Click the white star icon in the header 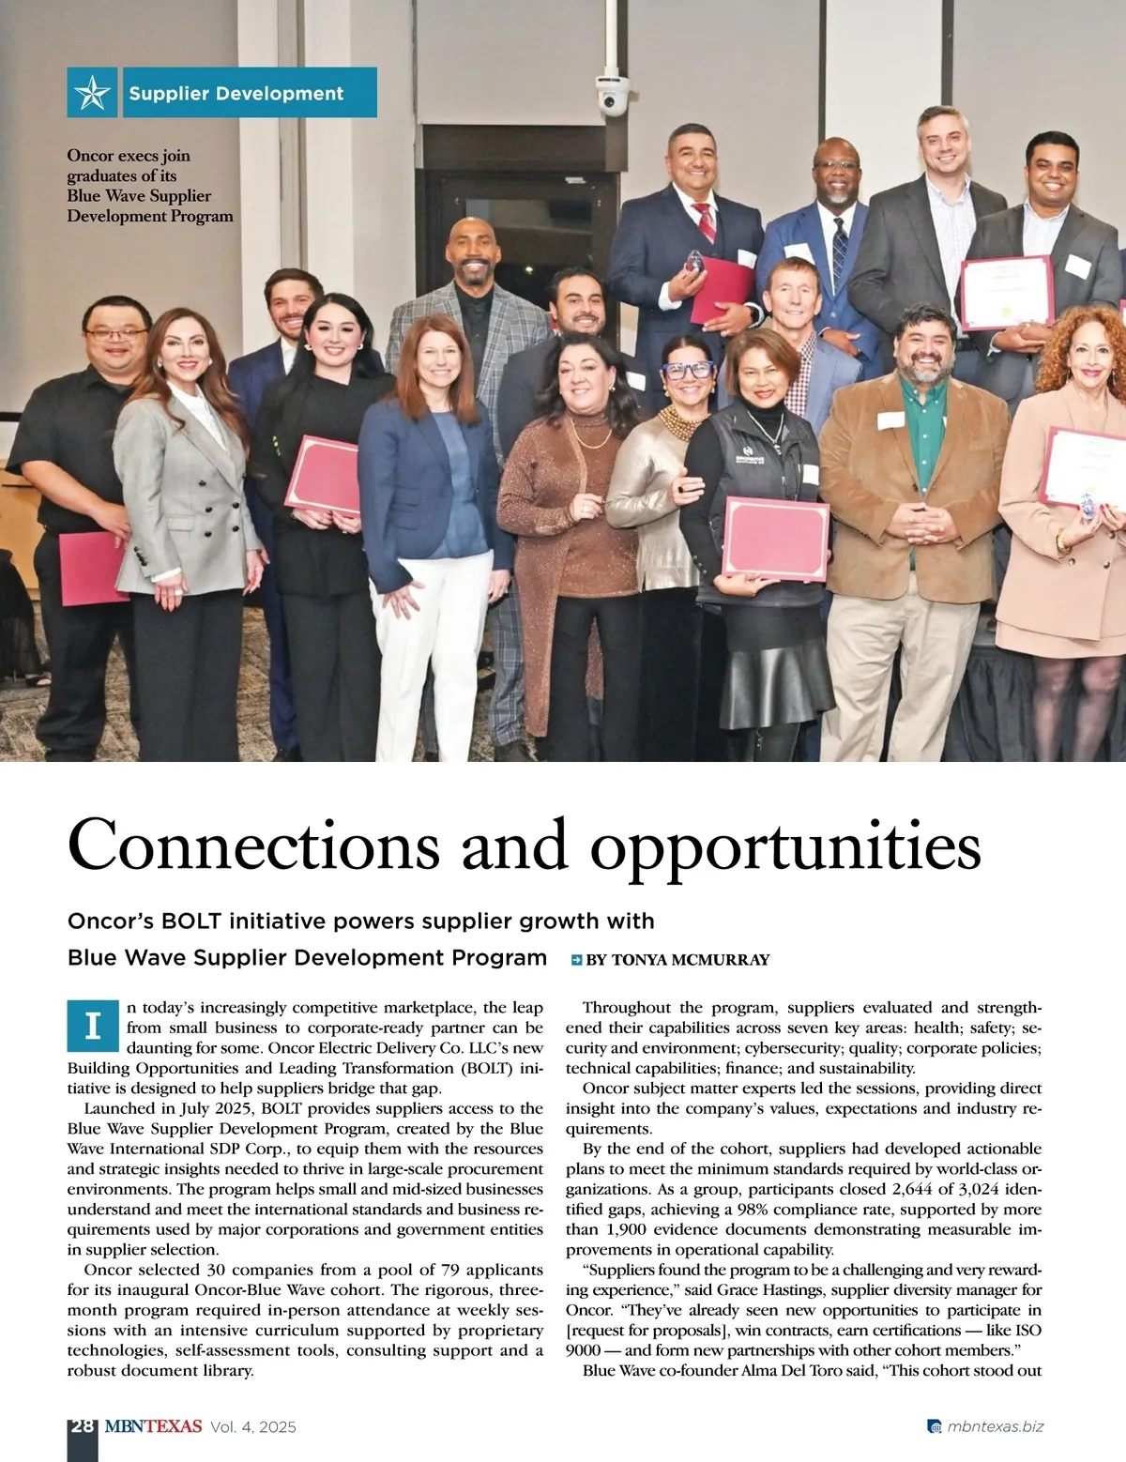[92, 93]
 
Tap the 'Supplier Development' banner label [236, 94]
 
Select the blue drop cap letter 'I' [92, 1027]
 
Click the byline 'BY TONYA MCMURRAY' [677, 960]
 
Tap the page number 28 [82, 1426]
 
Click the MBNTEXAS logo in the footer [153, 1426]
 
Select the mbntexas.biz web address [995, 1427]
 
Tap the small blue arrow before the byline [576, 960]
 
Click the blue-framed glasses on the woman [687, 370]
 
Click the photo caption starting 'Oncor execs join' [150, 186]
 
